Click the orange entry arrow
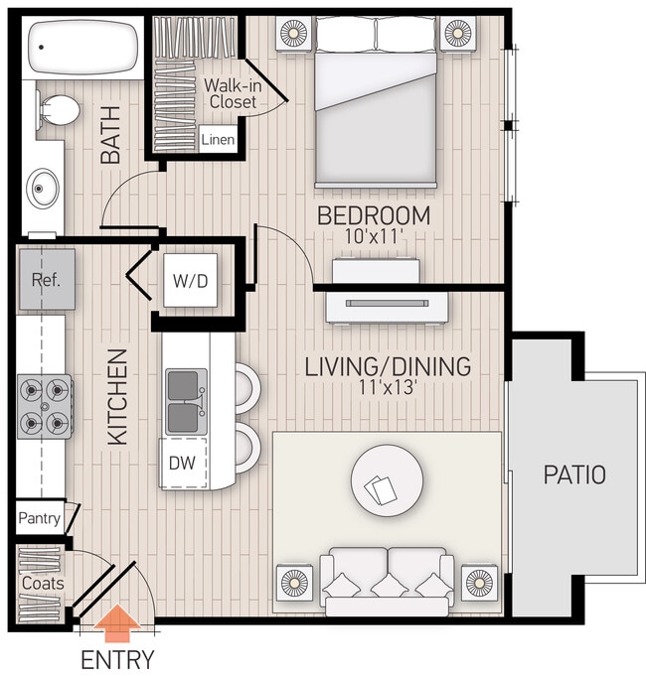click(x=117, y=624)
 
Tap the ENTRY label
click(x=117, y=658)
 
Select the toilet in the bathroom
click(x=60, y=110)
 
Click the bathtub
click(x=83, y=46)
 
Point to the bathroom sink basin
click(x=43, y=185)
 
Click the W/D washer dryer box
click(x=191, y=280)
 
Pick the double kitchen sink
click(x=186, y=401)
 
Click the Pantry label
click(x=39, y=518)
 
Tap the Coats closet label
click(x=42, y=584)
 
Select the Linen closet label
click(x=218, y=140)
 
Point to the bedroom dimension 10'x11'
click(x=373, y=238)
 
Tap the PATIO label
click(x=573, y=474)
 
